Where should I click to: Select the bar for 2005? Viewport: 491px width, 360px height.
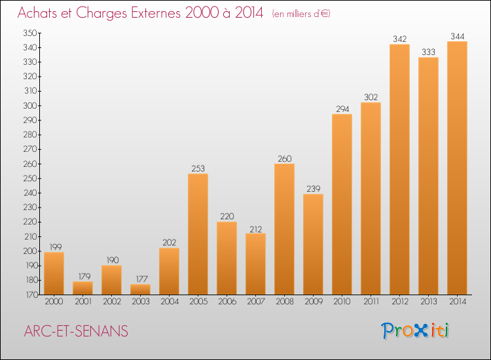coord(198,234)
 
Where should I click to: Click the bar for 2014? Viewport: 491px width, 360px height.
coord(457,168)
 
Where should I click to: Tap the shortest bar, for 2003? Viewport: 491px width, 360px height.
coord(140,289)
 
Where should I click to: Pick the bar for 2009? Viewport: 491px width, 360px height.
coord(313,244)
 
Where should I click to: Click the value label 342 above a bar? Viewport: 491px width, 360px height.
coord(399,39)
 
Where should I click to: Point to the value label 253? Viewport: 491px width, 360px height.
coord(198,168)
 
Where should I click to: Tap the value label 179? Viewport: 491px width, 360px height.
coord(84,276)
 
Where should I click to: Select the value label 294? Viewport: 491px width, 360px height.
coord(342,109)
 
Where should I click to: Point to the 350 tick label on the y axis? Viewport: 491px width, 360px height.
coord(29,33)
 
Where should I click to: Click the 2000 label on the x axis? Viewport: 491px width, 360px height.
coord(54,302)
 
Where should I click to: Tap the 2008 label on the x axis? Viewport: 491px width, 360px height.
coord(285,302)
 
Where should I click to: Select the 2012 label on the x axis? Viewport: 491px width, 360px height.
coord(400,302)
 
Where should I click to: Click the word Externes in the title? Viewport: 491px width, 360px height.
coord(156,13)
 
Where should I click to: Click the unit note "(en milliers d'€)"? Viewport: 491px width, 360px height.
coord(301,14)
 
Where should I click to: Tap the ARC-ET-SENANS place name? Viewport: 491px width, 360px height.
coord(76,331)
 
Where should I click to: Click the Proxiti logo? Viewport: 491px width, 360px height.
coord(415,331)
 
